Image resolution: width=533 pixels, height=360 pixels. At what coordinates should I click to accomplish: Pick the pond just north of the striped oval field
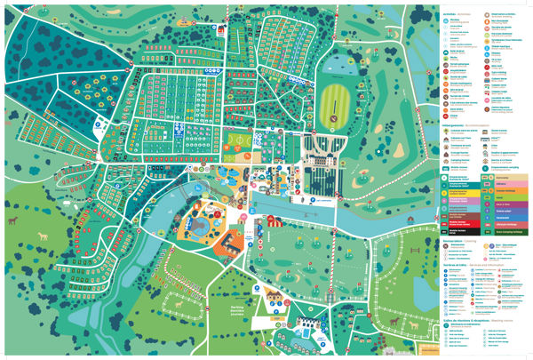338,65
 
